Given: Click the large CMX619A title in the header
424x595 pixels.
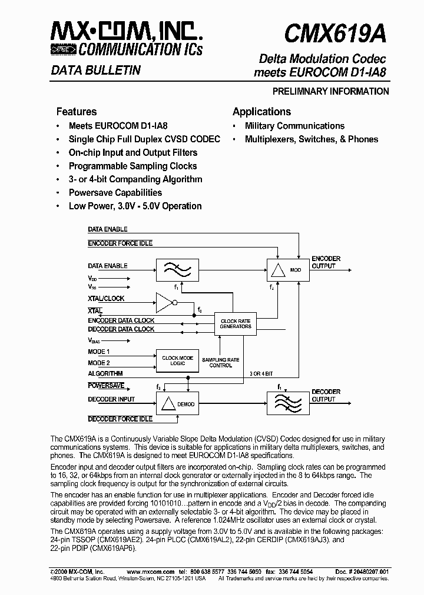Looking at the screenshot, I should point(335,35).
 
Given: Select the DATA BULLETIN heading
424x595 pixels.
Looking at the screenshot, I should point(95,71).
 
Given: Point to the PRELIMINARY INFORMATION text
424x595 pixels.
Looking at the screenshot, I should point(330,91).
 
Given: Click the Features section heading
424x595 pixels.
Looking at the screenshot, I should point(77,112).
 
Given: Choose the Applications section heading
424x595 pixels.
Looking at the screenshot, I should point(261,112).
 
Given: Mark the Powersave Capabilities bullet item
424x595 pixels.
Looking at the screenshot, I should point(115,193).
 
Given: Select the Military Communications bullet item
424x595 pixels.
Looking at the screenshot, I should point(294,126).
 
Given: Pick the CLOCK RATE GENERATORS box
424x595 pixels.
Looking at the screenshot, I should point(236,323).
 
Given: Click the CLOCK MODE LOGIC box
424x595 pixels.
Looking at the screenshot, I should point(178,360).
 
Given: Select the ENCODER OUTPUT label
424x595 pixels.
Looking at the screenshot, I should point(326,262).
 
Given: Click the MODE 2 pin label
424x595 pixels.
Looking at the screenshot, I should point(99,363).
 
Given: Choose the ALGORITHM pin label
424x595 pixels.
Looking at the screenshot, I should point(105,373).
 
